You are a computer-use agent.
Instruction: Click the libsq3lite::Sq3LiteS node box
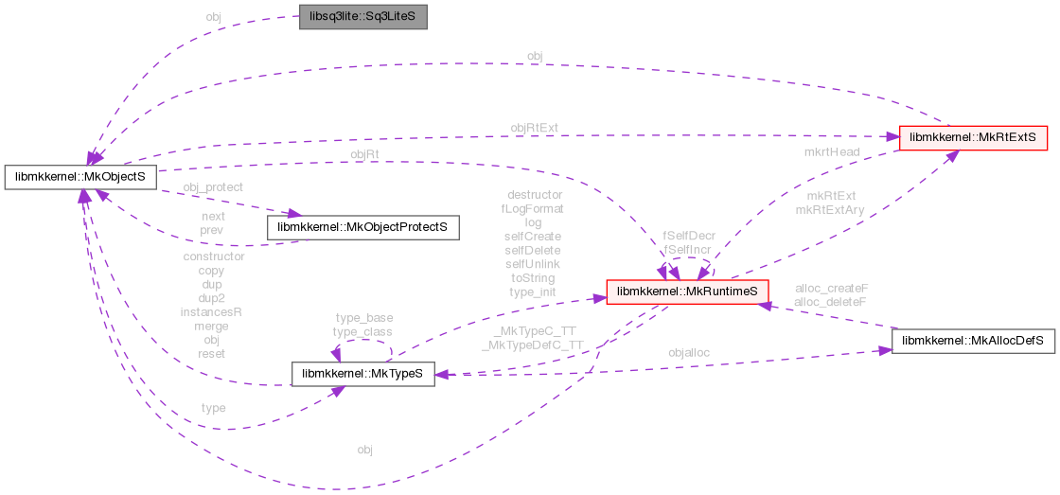(x=363, y=18)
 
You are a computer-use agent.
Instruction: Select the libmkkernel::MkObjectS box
(x=79, y=176)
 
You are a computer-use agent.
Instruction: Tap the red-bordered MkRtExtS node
(x=973, y=137)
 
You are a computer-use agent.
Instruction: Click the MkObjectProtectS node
(x=363, y=227)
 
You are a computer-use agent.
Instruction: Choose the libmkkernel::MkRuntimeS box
(x=686, y=292)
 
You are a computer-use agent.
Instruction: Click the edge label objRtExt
(x=535, y=127)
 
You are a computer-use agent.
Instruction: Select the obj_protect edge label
(x=213, y=186)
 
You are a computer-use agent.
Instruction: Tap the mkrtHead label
(x=832, y=151)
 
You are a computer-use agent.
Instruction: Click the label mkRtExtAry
(x=830, y=210)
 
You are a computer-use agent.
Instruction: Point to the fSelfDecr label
(x=688, y=235)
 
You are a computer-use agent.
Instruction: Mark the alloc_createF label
(x=832, y=288)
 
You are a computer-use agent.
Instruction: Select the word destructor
(x=535, y=194)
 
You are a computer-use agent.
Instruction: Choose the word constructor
(x=213, y=256)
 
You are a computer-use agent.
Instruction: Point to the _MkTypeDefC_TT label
(x=532, y=345)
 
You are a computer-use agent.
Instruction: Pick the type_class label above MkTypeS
(x=362, y=331)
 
